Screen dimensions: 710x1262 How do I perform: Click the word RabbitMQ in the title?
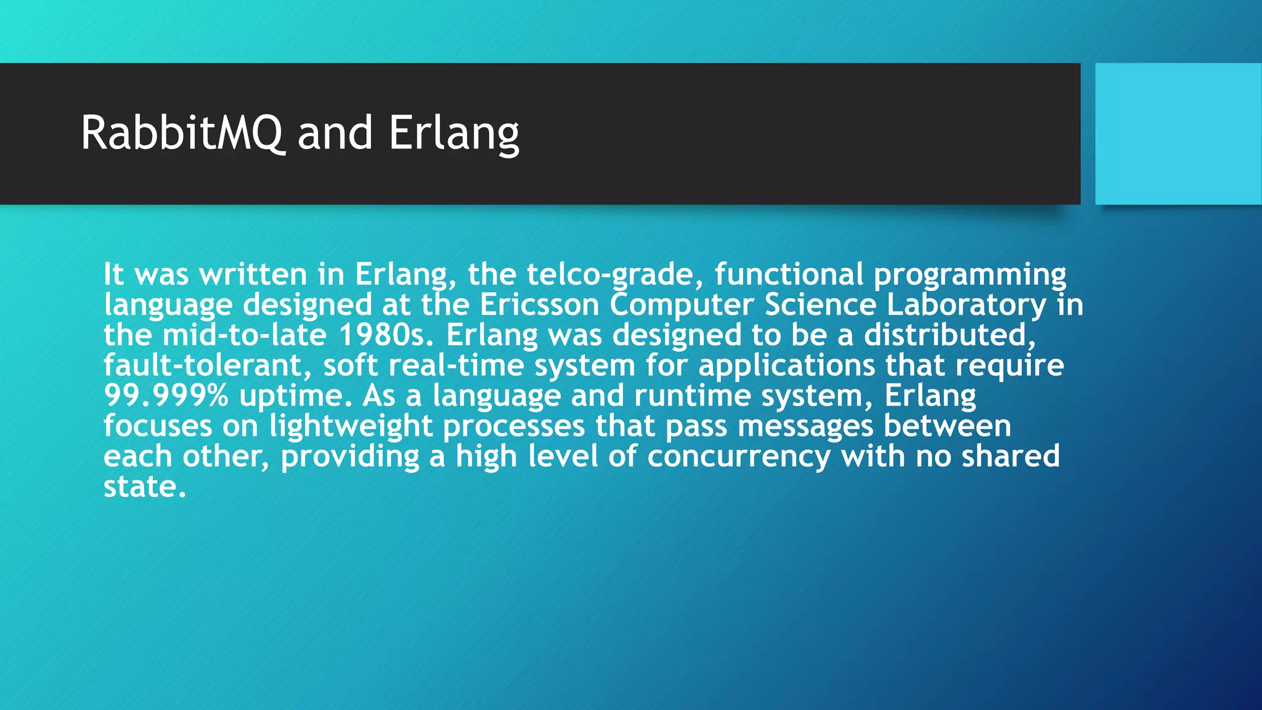tap(182, 133)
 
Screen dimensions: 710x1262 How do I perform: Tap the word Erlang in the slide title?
tap(454, 133)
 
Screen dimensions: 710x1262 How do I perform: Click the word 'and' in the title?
tap(335, 133)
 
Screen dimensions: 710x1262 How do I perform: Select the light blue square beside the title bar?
tap(1178, 133)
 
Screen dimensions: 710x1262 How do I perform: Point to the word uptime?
tap(295, 396)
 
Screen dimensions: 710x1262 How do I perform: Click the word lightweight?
tap(351, 426)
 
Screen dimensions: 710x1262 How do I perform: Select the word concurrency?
tap(738, 457)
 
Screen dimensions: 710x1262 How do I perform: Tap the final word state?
tap(144, 487)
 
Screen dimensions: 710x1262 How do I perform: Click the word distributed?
tap(949, 335)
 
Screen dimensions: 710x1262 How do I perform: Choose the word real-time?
tap(456, 365)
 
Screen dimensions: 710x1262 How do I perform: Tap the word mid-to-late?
tap(244, 335)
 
